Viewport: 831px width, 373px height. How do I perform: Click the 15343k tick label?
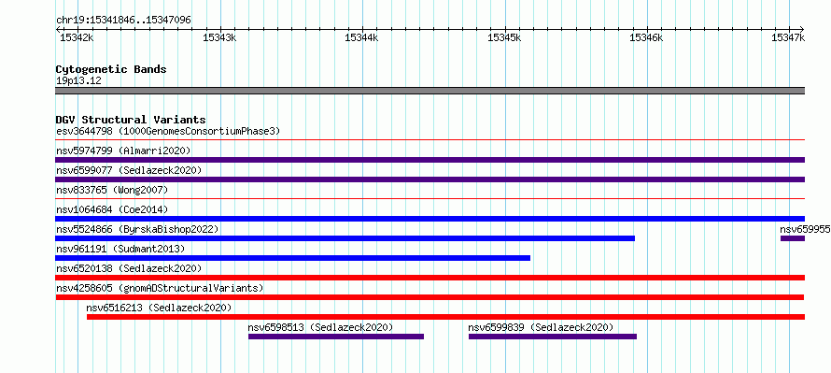point(220,37)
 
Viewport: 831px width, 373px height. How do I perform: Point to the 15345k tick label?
point(504,37)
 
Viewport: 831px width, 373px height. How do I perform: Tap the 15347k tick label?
point(788,37)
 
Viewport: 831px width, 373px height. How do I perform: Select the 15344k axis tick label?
point(362,37)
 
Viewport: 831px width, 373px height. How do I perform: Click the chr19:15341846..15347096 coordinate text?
point(123,21)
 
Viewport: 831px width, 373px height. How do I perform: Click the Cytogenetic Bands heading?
point(111,69)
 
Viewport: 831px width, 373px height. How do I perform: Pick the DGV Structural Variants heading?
point(131,120)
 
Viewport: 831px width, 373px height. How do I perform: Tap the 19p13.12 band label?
point(78,81)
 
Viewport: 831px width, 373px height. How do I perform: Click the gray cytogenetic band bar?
point(430,91)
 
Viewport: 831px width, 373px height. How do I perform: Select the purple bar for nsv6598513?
point(336,337)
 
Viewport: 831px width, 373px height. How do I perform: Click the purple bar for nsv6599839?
point(553,337)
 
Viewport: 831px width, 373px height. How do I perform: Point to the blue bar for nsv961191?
point(292,258)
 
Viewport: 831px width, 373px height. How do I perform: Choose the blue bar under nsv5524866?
point(345,238)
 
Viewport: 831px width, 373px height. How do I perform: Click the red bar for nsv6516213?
point(445,317)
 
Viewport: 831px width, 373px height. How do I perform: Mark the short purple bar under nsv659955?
point(793,238)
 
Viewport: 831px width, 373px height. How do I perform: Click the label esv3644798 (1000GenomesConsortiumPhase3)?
point(168,131)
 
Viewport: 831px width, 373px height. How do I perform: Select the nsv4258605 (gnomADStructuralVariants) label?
point(160,288)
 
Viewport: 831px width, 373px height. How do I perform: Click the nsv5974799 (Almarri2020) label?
point(123,151)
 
